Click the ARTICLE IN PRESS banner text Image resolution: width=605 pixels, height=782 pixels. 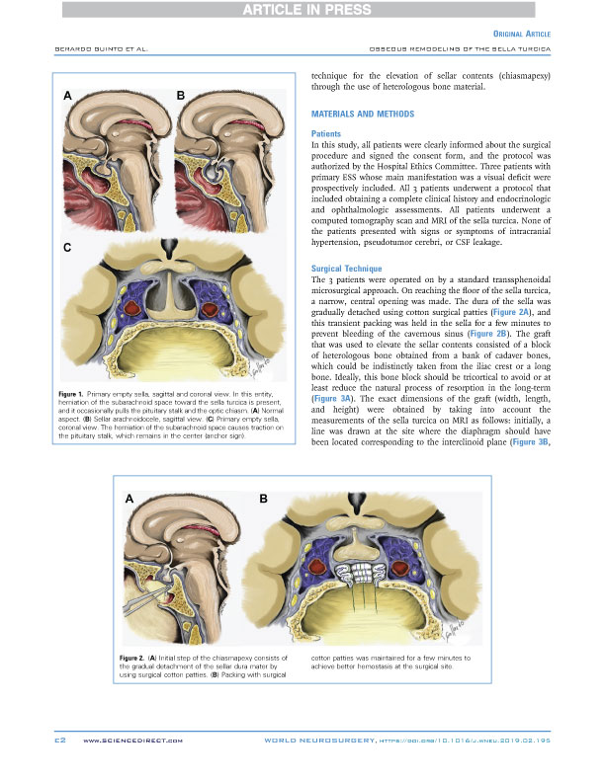pos(302,10)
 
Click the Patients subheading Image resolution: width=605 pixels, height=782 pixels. pos(326,132)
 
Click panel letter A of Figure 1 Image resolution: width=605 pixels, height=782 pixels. pos(66,96)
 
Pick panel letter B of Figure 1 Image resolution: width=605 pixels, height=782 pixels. pos(181,96)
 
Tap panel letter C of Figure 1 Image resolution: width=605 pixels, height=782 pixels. pos(66,249)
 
